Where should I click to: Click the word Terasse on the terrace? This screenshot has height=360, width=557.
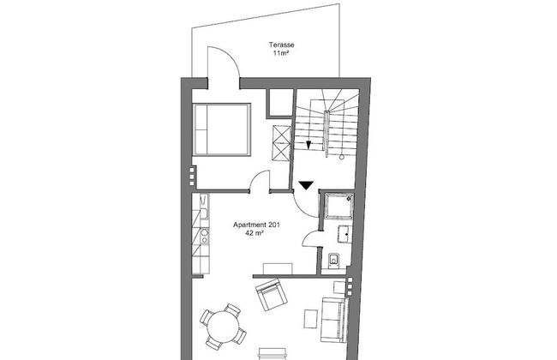coord(281,45)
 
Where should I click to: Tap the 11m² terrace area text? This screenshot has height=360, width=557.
coord(280,53)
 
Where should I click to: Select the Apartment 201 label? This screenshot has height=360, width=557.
coord(256,225)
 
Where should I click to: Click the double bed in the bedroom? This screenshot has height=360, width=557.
coord(222,129)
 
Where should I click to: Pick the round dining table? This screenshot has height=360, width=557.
coord(223,327)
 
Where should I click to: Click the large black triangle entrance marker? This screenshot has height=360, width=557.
coord(306,185)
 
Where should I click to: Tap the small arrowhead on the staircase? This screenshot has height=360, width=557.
coord(308,145)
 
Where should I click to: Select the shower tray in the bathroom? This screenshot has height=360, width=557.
coord(340,206)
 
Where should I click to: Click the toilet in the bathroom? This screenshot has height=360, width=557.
coord(333,261)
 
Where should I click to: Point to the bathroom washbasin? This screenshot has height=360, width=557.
coord(344,234)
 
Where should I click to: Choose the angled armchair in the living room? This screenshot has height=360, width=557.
coord(272,295)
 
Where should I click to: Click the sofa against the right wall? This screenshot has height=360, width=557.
coord(334,320)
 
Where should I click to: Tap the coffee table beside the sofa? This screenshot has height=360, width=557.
coord(311,319)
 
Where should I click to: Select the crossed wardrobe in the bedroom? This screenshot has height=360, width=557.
coord(281,143)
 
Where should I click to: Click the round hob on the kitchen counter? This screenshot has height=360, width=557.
coord(204,233)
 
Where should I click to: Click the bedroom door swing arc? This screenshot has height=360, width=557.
coord(257,177)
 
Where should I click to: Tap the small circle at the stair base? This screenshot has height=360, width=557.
coord(342,157)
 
